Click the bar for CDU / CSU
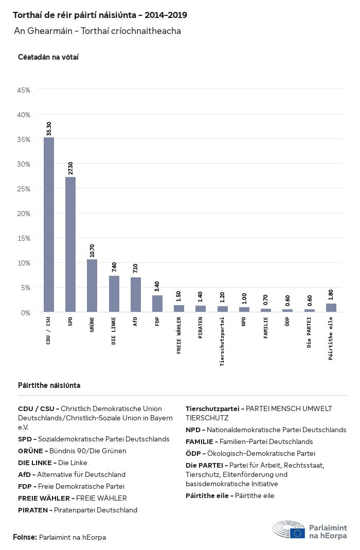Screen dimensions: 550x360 (x=49, y=224)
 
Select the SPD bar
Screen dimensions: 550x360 (x=70, y=244)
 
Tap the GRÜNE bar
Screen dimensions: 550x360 (x=92, y=286)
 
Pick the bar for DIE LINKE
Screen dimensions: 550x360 (x=114, y=294)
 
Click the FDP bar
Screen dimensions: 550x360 (x=157, y=304)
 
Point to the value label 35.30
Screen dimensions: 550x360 (x=49, y=129)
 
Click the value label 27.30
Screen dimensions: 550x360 (x=70, y=168)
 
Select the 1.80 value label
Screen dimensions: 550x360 (x=331, y=295)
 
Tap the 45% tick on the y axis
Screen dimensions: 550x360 (x=24, y=90)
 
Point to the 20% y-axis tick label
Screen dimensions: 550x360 (x=24, y=214)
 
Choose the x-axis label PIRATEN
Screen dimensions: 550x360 (x=201, y=329)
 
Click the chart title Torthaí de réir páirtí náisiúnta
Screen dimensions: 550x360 (x=100, y=15)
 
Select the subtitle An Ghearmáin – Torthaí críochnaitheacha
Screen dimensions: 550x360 (x=97, y=31)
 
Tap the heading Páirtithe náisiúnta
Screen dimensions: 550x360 (x=49, y=385)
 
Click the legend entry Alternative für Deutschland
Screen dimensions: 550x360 (x=72, y=474)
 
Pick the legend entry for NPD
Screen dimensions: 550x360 (x=266, y=430)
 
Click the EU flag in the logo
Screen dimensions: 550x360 (x=297, y=533)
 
